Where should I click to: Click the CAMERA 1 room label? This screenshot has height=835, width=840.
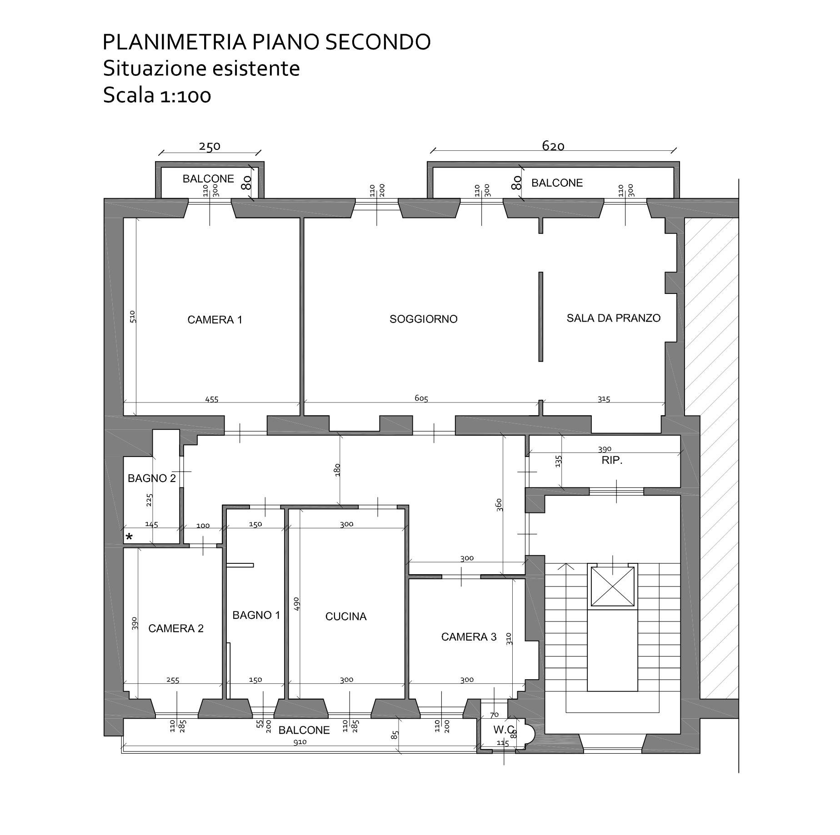[x=215, y=320]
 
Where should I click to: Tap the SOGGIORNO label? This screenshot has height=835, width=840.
[x=424, y=319]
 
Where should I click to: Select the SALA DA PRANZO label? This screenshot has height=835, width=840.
[x=613, y=318]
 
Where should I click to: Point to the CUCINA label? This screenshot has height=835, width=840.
[x=346, y=616]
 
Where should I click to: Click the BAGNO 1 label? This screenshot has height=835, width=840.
[x=256, y=615]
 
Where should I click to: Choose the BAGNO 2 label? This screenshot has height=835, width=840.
[x=152, y=478]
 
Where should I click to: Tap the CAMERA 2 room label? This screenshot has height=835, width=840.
[x=176, y=628]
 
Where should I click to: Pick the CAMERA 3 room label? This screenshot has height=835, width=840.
[x=469, y=637]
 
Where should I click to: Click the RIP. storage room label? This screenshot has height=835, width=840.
[x=612, y=460]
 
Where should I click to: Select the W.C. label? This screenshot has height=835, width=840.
[x=504, y=730]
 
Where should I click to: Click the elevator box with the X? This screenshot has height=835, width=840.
[x=612, y=586]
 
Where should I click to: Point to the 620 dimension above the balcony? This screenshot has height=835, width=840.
[x=553, y=145]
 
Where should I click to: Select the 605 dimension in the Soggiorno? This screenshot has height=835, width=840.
[x=421, y=398]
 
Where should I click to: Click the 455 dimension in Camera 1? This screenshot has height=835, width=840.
[x=212, y=399]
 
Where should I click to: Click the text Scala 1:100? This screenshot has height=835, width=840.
[x=157, y=95]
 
